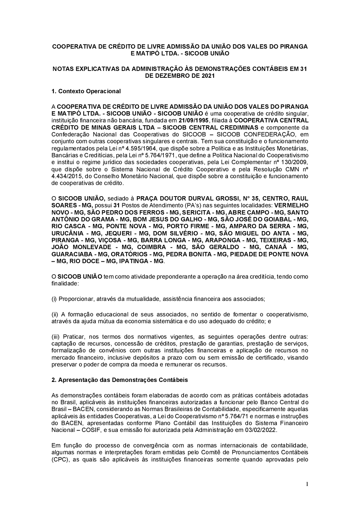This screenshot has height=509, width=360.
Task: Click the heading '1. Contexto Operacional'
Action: coord(86,91)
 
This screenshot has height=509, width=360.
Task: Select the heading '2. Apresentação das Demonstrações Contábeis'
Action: coord(120,380)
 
